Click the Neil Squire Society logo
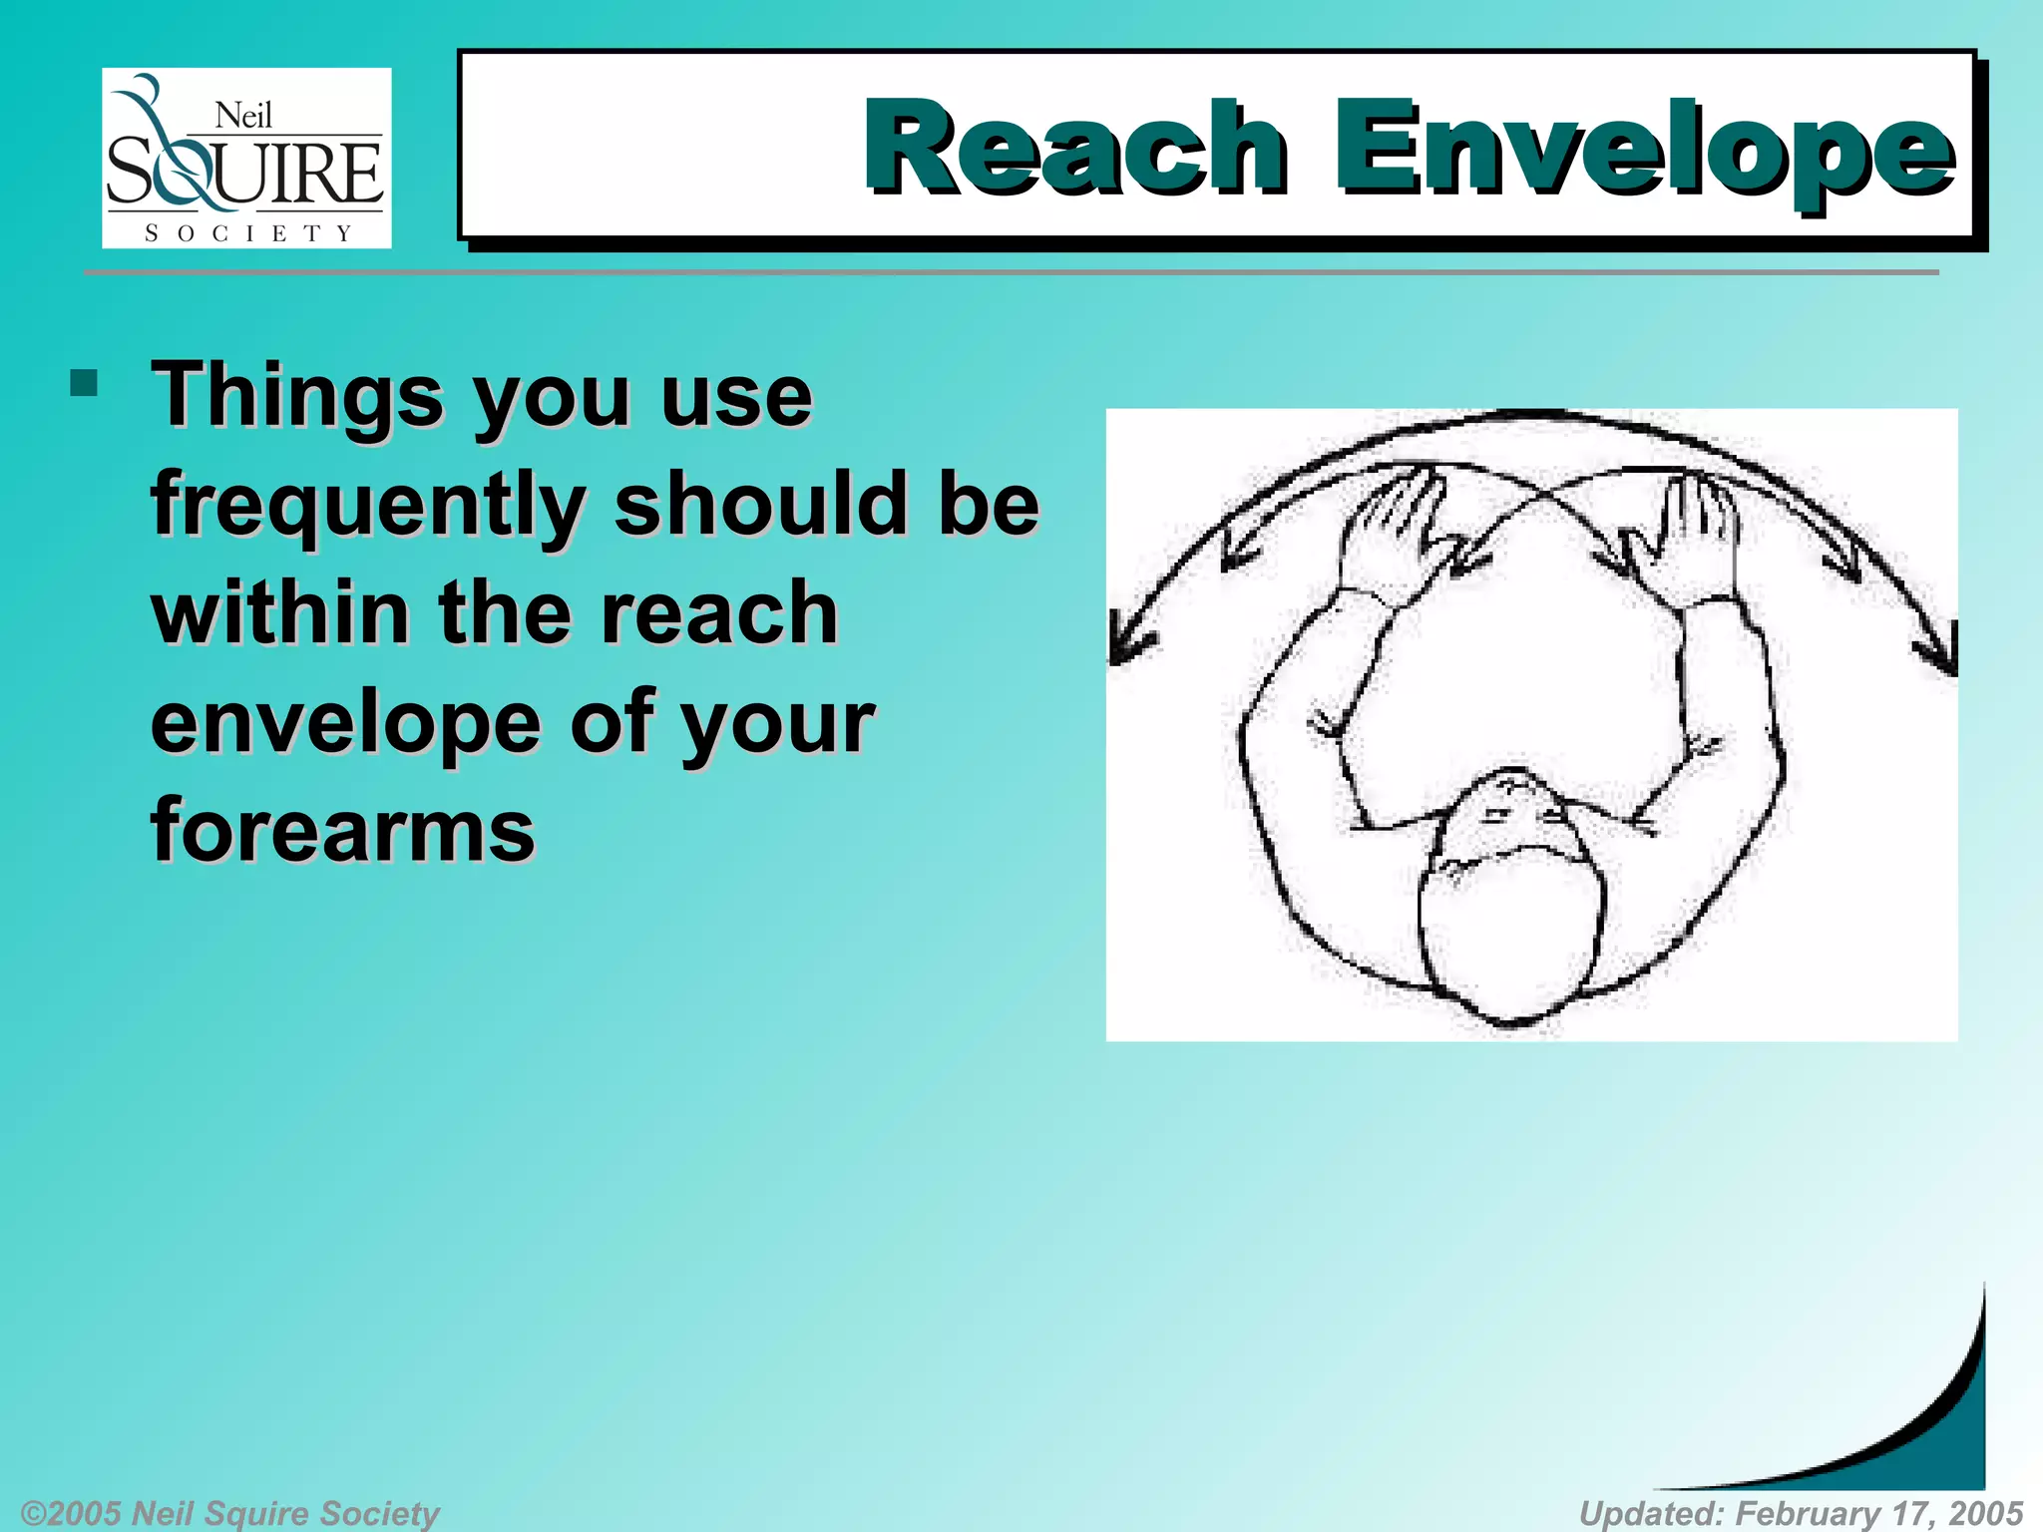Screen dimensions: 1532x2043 pyautogui.click(x=246, y=158)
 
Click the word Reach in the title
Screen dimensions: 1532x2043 pyautogui.click(x=1075, y=147)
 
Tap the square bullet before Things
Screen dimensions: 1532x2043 pyautogui.click(x=84, y=383)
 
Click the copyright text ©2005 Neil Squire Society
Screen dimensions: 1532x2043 pyautogui.click(x=229, y=1512)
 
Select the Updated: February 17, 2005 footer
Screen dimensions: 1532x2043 pyautogui.click(x=1801, y=1512)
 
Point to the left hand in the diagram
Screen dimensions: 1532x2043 pyautogui.click(x=1393, y=529)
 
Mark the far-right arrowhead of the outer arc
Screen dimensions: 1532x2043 pyautogui.click(x=1941, y=653)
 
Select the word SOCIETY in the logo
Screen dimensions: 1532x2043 pyautogui.click(x=247, y=233)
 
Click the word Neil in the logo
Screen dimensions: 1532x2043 pyautogui.click(x=243, y=116)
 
